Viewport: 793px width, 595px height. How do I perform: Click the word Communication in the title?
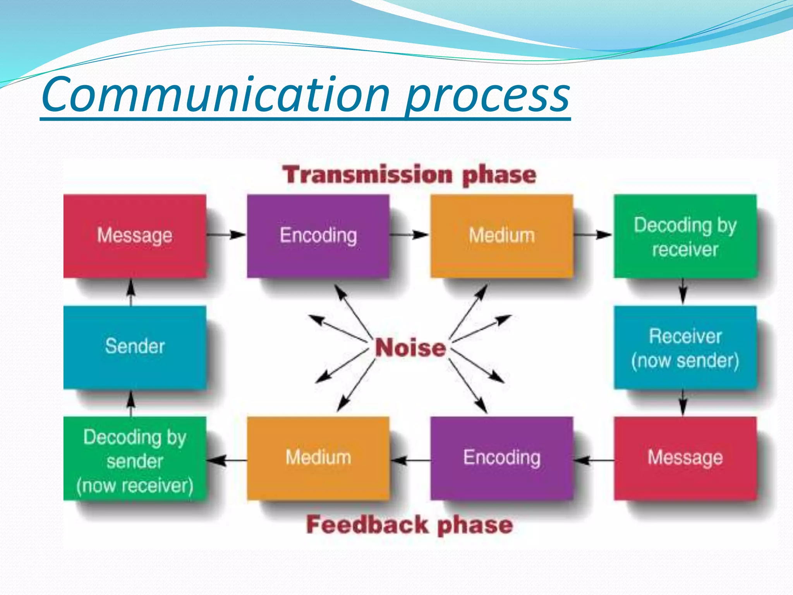pyautogui.click(x=215, y=95)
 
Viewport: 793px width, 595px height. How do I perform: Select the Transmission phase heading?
pyautogui.click(x=409, y=175)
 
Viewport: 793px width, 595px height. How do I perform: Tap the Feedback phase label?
pyautogui.click(x=409, y=525)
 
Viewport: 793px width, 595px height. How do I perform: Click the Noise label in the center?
pyautogui.click(x=410, y=347)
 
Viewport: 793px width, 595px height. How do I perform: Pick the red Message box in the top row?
pyautogui.click(x=134, y=236)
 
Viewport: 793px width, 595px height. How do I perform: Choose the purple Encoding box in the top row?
pyautogui.click(x=318, y=236)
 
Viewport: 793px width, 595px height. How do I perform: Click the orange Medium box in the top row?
pyautogui.click(x=501, y=236)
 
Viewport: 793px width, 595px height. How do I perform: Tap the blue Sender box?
pyautogui.click(x=134, y=347)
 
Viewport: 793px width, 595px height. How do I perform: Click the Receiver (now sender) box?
pyautogui.click(x=685, y=347)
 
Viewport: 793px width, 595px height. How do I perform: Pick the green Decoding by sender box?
pyautogui.click(x=134, y=459)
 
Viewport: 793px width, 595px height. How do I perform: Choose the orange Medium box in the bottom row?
pyautogui.click(x=318, y=458)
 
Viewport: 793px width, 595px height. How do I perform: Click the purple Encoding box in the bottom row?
pyautogui.click(x=501, y=458)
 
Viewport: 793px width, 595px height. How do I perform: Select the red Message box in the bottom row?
pyautogui.click(x=685, y=458)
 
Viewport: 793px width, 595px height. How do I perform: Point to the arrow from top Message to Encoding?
pyautogui.click(x=226, y=234)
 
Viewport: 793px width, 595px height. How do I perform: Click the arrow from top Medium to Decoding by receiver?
pyautogui.click(x=592, y=234)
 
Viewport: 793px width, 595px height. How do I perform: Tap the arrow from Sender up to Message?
pyautogui.click(x=131, y=292)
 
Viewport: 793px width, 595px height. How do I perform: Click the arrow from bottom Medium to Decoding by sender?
pyautogui.click(x=227, y=460)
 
